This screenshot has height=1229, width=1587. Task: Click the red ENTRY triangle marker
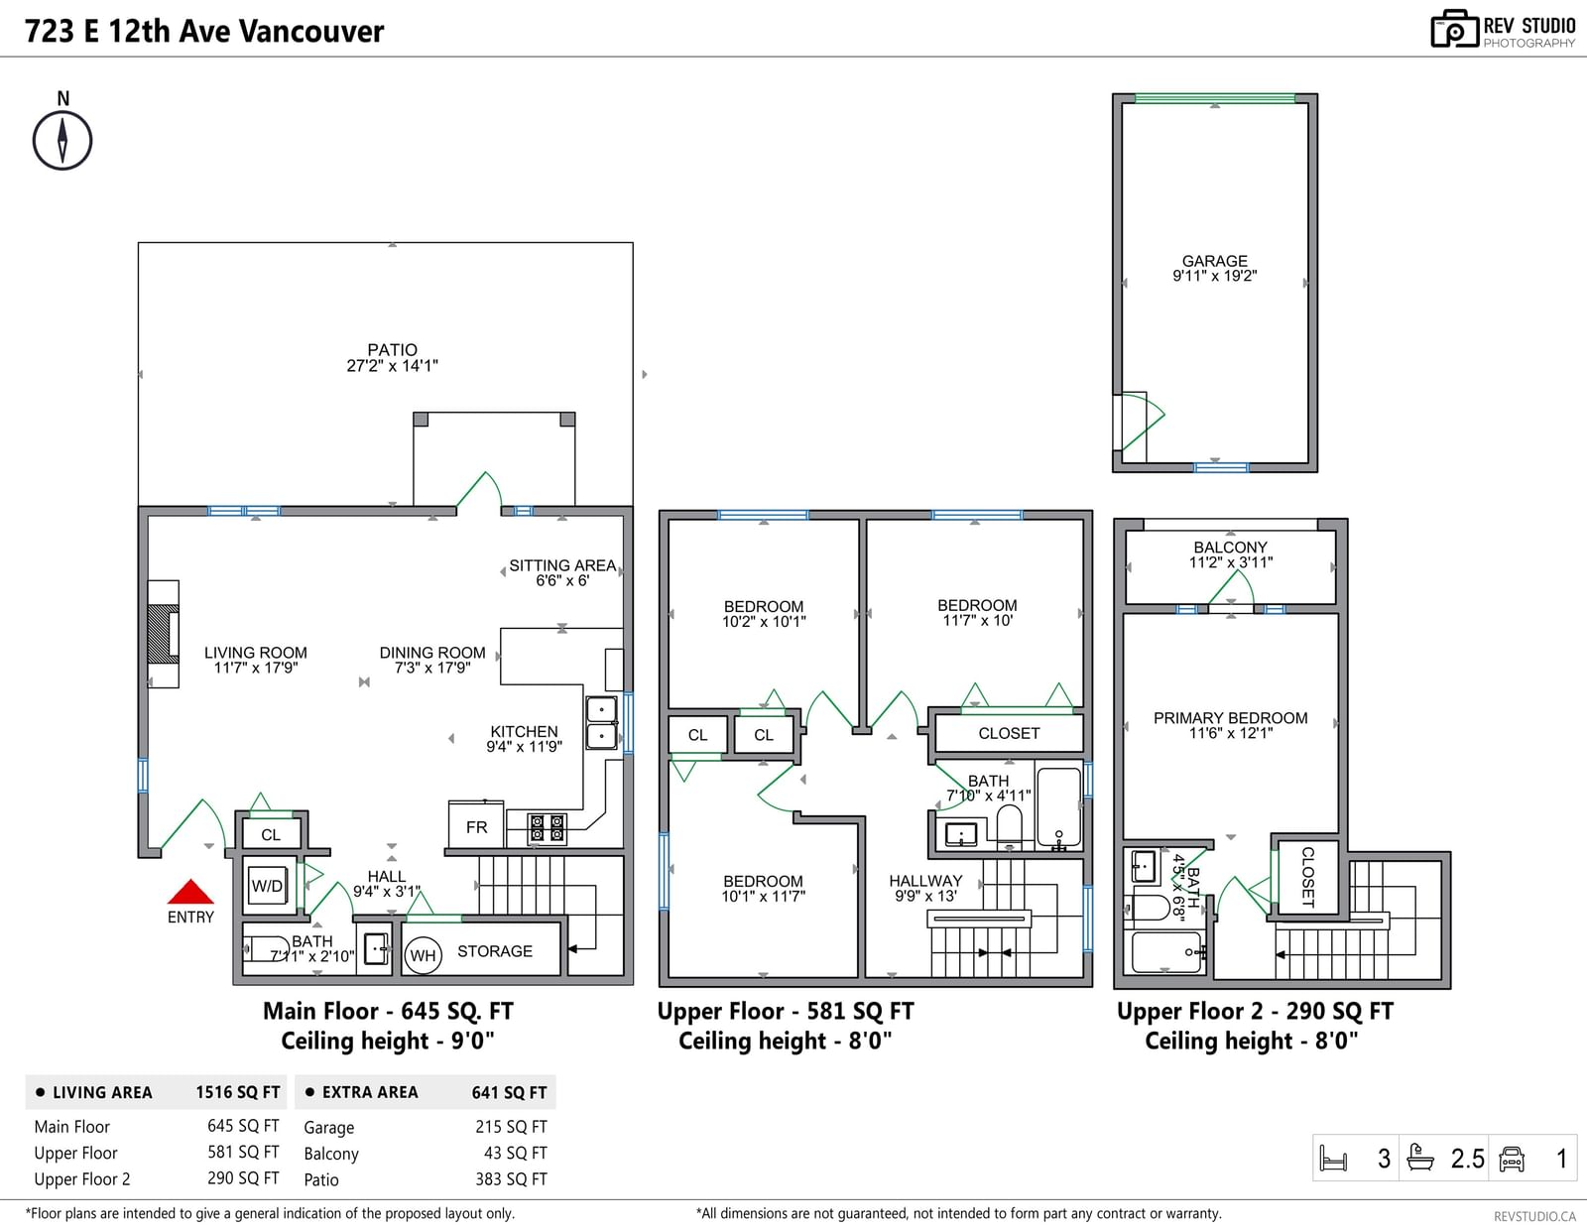[190, 892]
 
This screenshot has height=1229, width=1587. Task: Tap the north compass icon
[62, 140]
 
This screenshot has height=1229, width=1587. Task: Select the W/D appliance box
[267, 886]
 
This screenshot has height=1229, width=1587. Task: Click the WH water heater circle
[423, 955]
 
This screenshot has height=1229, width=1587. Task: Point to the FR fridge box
[476, 826]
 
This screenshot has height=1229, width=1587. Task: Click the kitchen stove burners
[548, 828]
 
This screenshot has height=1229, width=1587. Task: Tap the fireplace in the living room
[164, 634]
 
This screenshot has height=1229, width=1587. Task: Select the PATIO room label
[392, 350]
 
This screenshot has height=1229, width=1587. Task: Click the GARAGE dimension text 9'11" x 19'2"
[1214, 276]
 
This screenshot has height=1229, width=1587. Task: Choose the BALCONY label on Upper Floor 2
[1231, 547]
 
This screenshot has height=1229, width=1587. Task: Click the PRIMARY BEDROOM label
[1231, 718]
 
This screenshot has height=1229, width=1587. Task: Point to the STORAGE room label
[495, 951]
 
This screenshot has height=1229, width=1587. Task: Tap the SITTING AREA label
[562, 565]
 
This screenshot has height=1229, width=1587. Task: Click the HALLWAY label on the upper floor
[925, 881]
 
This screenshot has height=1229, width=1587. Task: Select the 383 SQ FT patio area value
[511, 1178]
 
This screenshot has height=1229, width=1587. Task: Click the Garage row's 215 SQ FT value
[511, 1127]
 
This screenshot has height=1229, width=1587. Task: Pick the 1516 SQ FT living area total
[237, 1092]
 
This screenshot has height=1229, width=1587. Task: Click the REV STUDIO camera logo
[1454, 29]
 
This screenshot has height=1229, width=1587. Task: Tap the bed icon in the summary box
[1334, 1159]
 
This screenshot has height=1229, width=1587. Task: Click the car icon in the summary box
[1511, 1159]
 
